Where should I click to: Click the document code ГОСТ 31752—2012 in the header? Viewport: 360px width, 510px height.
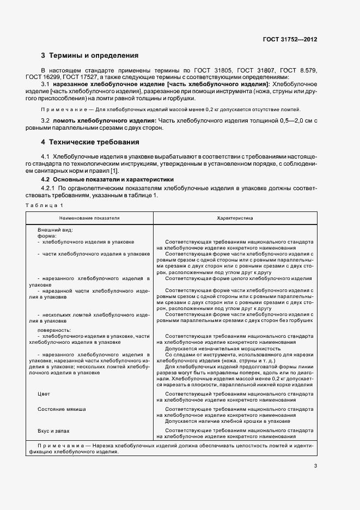[x=290, y=40]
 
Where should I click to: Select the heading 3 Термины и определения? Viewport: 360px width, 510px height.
[x=90, y=56]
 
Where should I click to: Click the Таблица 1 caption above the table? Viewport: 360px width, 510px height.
[x=44, y=204]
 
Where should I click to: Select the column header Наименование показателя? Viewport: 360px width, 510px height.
[x=90, y=217]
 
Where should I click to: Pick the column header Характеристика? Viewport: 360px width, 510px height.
[x=235, y=217]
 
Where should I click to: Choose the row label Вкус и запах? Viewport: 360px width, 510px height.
[x=53, y=430]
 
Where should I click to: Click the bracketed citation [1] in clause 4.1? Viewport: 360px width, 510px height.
[x=114, y=171]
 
